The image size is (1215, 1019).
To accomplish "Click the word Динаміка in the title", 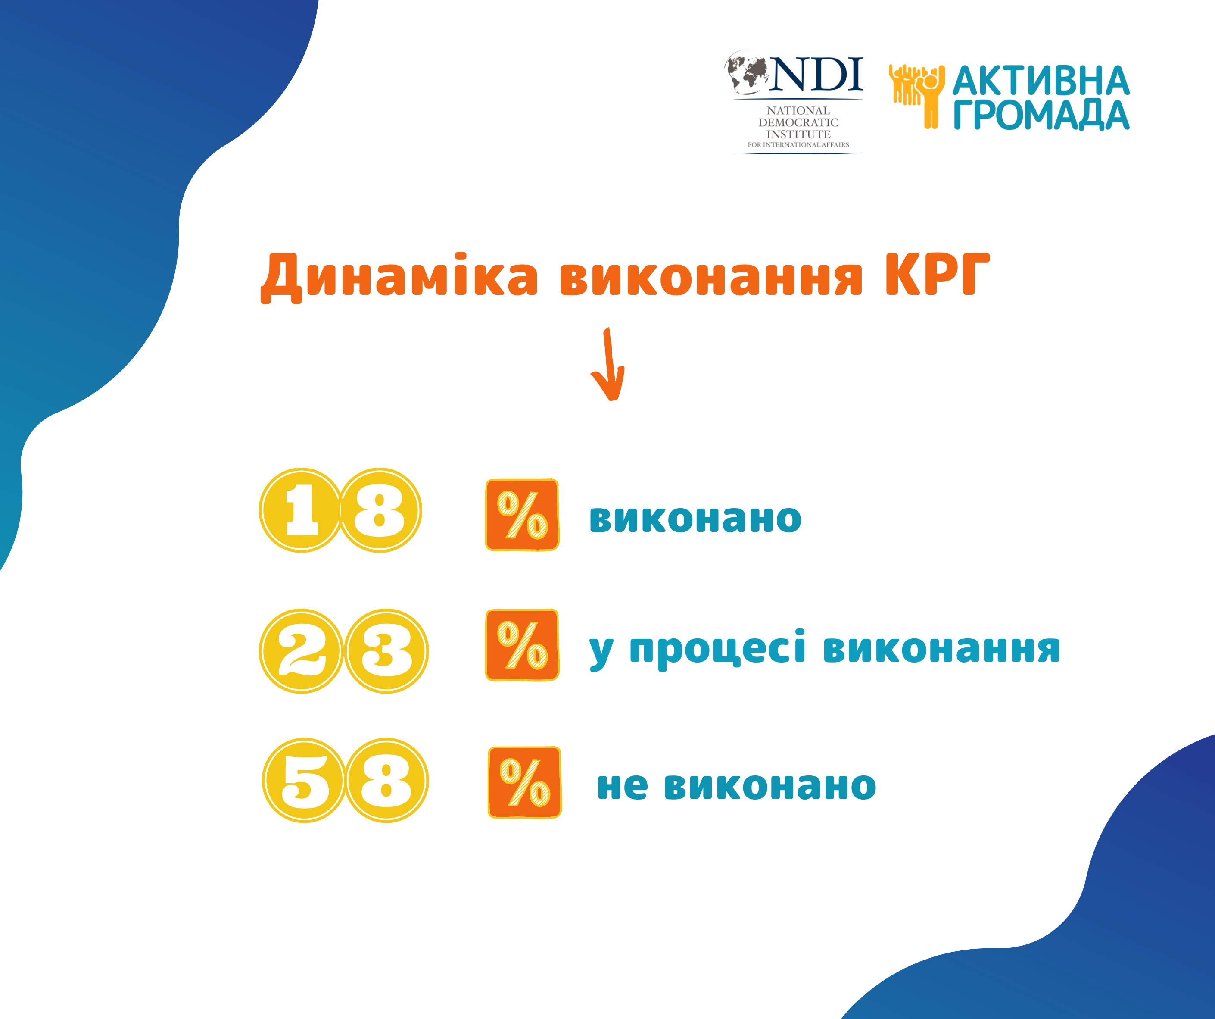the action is [x=399, y=277].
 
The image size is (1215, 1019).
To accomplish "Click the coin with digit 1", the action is [x=301, y=510].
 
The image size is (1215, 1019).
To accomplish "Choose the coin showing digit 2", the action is [x=302, y=651].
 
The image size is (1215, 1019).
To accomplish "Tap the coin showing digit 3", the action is [x=386, y=651].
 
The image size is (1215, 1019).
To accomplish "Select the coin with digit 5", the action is [x=304, y=781].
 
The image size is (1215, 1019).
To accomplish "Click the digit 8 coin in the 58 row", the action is [x=386, y=781].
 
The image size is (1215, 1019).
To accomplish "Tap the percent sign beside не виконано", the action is [x=525, y=782].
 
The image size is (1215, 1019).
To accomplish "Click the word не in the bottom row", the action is [x=622, y=787].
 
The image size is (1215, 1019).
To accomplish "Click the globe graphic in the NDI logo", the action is [x=746, y=72].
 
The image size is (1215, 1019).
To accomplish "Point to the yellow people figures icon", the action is [x=917, y=96].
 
